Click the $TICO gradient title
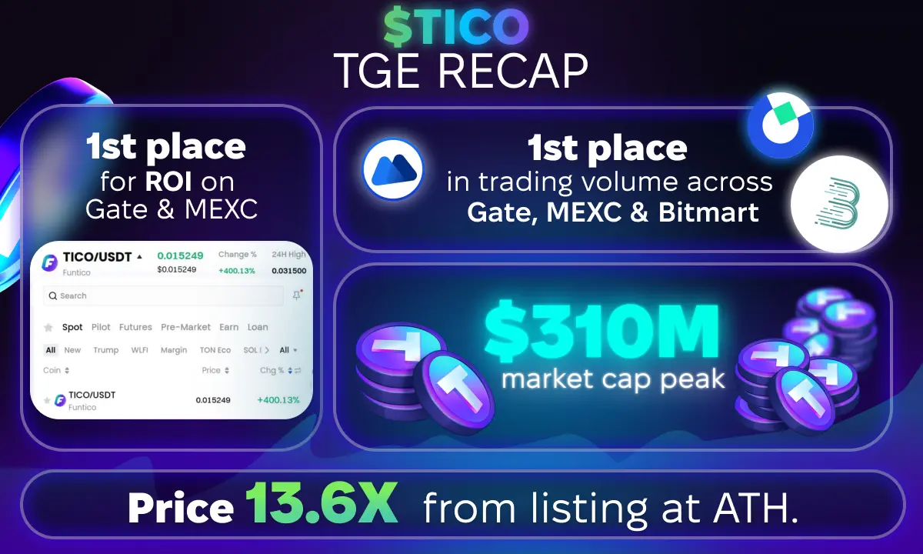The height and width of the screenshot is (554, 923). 456,26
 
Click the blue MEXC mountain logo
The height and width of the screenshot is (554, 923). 393,169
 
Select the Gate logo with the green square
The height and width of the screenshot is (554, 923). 781,125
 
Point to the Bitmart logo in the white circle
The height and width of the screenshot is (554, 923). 839,204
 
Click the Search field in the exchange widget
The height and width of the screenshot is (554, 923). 163,295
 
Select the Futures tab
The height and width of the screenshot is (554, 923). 135,327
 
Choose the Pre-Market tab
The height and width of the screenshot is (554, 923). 185,327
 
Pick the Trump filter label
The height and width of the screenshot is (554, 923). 106,350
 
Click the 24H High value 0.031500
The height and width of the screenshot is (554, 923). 289,271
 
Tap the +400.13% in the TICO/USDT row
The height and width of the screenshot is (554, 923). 278,400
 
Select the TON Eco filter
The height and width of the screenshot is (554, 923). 215,350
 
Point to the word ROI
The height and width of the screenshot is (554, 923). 168,181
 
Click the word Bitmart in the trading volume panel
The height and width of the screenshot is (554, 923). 708,212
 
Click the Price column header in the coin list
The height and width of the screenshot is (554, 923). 211,370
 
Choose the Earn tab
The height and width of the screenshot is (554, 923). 228,327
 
